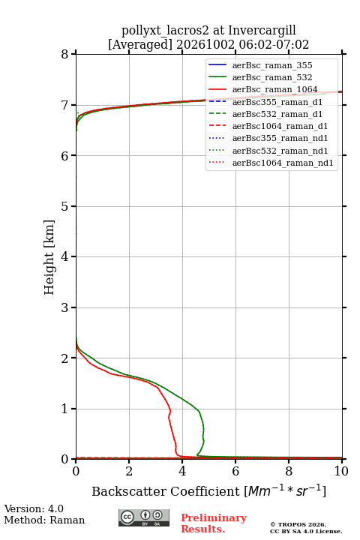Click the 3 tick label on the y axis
point(64,307)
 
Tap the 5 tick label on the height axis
point(64,206)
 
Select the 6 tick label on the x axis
point(235,471)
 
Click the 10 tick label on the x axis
point(341,471)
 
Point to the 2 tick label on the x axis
point(129,471)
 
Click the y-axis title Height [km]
point(49,257)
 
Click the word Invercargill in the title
point(262,30)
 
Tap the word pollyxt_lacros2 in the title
point(165,30)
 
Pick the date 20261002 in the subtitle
point(205,45)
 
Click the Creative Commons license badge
point(144,518)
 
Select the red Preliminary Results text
point(214,523)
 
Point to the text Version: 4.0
point(34,508)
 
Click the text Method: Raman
point(44,520)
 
